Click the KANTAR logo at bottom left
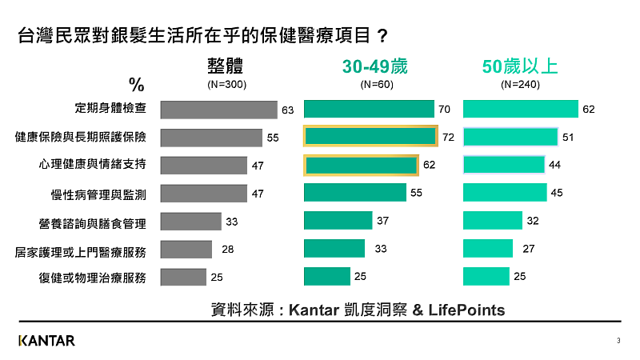pos(46,341)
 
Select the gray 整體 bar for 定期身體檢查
pos(218,110)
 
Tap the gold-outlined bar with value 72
pos(370,137)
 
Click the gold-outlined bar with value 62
pos(361,165)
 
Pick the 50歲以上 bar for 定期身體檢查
pos(520,110)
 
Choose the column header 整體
pos(224,66)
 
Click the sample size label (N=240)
pos(520,84)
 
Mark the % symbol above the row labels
pos(136,85)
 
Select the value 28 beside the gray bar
pos(227,250)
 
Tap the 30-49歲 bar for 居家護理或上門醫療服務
pos(334,249)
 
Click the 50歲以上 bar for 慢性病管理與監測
pos(505,193)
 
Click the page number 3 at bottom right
pos(618,342)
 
